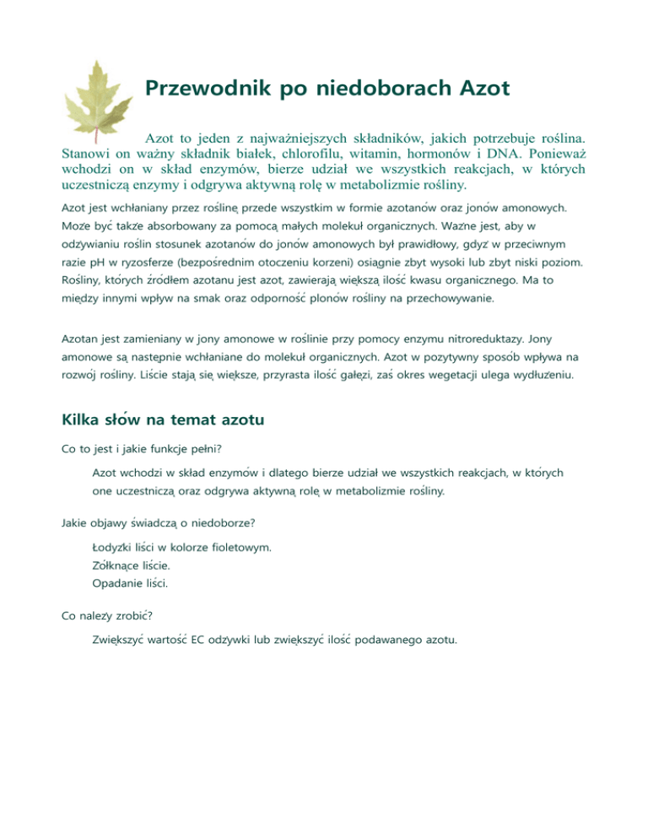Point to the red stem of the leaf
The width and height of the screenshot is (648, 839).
click(97, 135)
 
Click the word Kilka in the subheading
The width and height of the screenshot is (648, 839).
click(83, 419)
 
